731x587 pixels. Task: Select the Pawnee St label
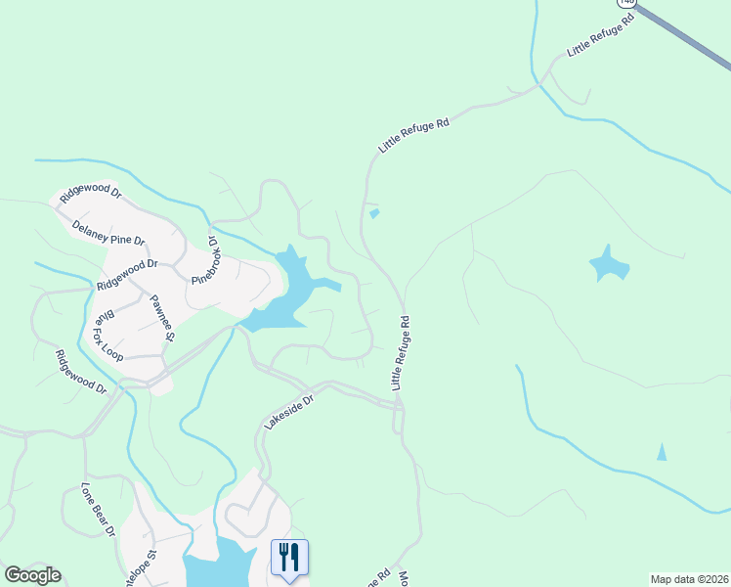(x=161, y=316)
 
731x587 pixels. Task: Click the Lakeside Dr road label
(x=290, y=412)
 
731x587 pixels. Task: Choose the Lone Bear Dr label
(x=98, y=509)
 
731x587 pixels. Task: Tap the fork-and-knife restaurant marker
(x=289, y=558)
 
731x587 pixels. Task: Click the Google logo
(x=32, y=575)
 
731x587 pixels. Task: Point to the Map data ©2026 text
(x=689, y=579)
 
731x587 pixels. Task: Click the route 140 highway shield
(x=626, y=3)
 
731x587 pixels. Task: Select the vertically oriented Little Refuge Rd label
(x=401, y=352)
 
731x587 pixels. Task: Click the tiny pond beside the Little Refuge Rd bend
(x=375, y=213)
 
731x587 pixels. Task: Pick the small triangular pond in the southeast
(x=662, y=452)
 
